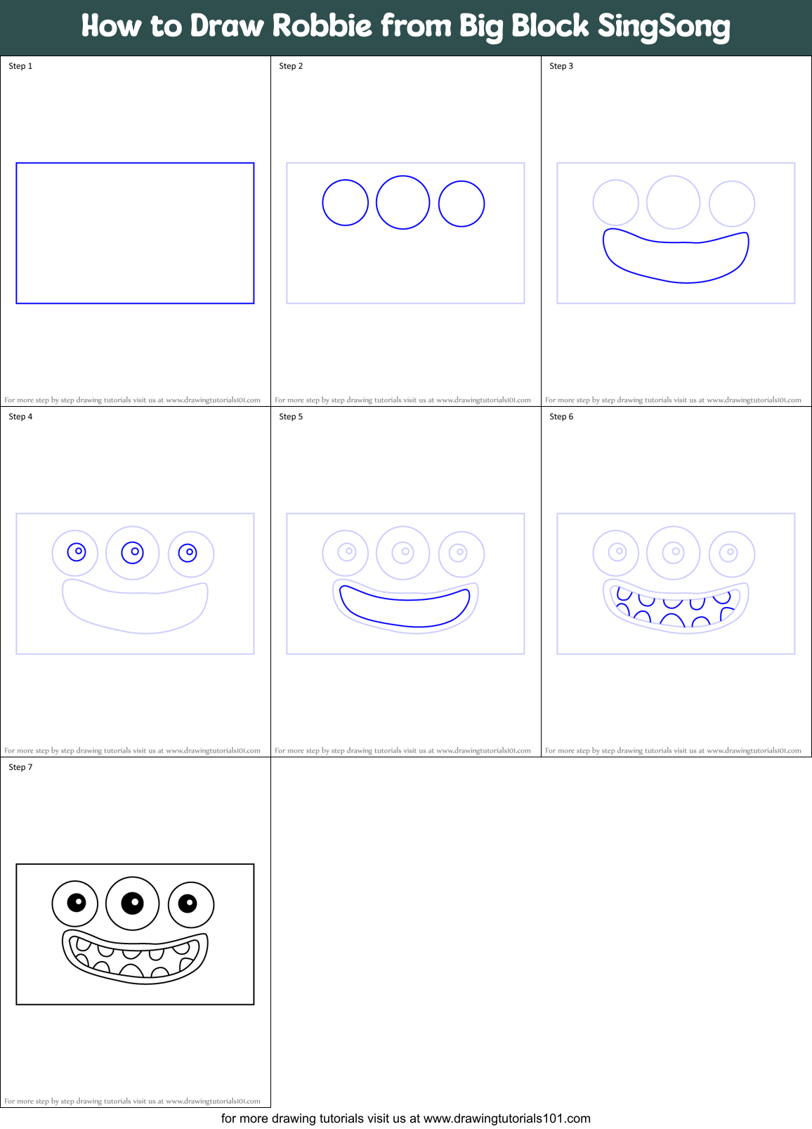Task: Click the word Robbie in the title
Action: tap(322, 26)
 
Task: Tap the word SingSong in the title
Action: tap(664, 27)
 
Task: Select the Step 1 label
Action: tap(20, 66)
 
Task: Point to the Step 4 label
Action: tap(20, 417)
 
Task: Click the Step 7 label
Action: tap(20, 767)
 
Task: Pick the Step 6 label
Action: tap(561, 417)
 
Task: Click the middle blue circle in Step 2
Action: tap(402, 202)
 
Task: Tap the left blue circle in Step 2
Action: tap(345, 203)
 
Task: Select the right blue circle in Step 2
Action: tap(461, 204)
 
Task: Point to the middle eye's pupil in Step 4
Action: tap(132, 552)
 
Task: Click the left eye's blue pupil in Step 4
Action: tap(77, 552)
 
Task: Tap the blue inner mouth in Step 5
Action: tap(405, 608)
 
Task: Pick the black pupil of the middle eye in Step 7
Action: tap(132, 903)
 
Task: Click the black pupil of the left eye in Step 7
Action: tap(77, 902)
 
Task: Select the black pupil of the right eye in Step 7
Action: tap(188, 903)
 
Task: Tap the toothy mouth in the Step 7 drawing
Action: tap(135, 956)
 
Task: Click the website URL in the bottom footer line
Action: tap(506, 1118)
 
